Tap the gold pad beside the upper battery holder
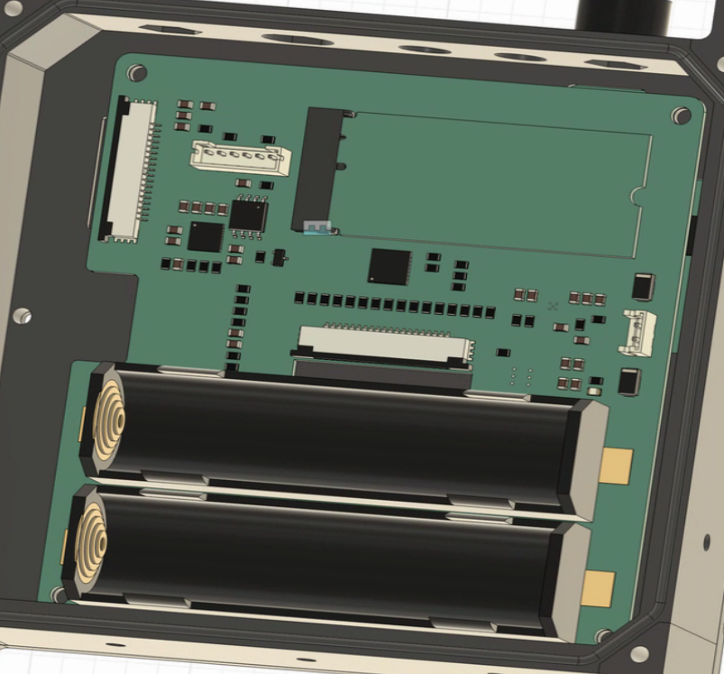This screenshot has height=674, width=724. tap(617, 466)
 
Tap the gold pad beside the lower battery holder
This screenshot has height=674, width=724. tap(598, 588)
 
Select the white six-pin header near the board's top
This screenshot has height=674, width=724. tap(241, 159)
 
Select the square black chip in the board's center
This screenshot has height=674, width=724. tap(389, 266)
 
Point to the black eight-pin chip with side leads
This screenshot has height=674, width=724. tap(248, 215)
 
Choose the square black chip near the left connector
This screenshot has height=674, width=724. tap(206, 237)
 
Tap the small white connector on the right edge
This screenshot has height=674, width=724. tap(637, 332)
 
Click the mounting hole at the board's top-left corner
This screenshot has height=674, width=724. tap(137, 72)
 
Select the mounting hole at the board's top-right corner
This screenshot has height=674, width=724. tap(683, 115)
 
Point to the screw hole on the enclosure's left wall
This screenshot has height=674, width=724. tap(22, 316)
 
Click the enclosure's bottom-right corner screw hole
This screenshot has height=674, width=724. tap(639, 653)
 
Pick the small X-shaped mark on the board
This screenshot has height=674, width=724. tap(553, 307)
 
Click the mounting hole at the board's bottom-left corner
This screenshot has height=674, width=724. tap(60, 594)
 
